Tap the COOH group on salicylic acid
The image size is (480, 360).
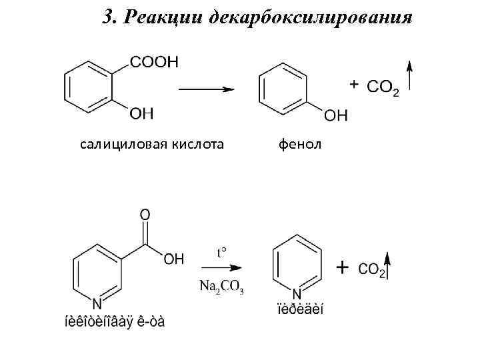tap(154, 62)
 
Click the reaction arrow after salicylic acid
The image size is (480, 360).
tap(205, 88)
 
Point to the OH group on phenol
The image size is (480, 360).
tap(335, 115)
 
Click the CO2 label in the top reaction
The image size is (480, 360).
tap(383, 87)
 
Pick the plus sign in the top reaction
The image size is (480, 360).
tap(354, 84)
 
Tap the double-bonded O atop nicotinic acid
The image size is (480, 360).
tap(145, 215)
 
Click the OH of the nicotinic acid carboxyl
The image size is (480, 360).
tap(173, 260)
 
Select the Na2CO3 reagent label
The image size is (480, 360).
tap(221, 287)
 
